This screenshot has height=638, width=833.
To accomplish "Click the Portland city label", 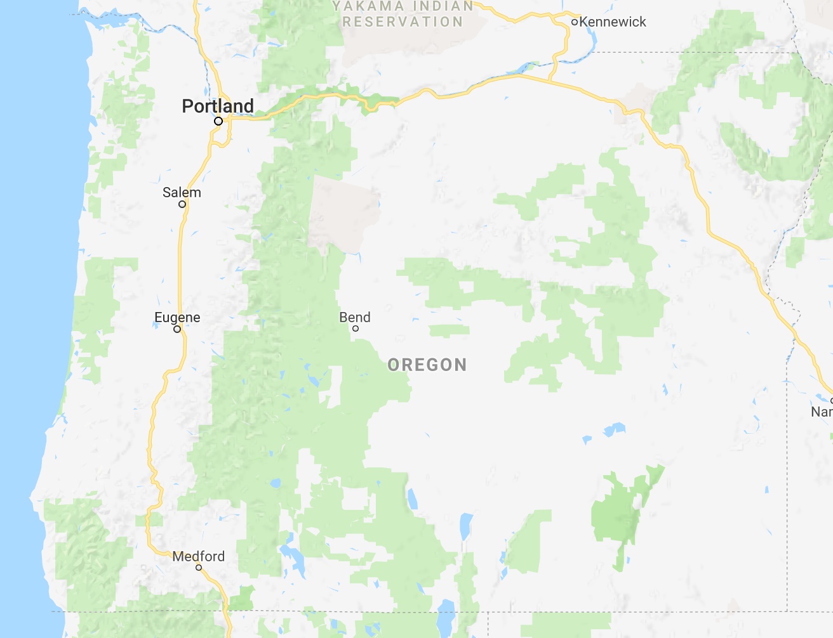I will point(217,106).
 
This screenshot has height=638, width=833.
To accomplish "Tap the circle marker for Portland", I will point(218,120).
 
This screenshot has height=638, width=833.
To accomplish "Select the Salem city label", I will point(182,192).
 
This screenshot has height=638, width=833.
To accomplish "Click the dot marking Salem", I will point(182,204).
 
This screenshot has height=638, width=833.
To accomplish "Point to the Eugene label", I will point(177,317).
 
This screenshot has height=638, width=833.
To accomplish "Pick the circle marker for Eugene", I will point(177,329).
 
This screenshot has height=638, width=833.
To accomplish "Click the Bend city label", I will point(355,317).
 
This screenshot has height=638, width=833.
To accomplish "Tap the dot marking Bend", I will point(356,329).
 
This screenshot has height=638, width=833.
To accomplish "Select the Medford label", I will point(199,556).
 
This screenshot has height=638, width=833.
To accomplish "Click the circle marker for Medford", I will point(199,568).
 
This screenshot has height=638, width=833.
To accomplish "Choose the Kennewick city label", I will point(613,22).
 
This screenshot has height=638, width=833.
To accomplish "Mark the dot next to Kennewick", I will point(574,22).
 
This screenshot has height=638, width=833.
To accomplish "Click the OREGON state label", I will point(427,365).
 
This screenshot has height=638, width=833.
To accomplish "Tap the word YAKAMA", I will point(369,7).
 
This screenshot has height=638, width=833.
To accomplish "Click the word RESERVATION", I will point(403,22).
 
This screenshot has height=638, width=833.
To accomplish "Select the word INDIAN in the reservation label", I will point(443,6).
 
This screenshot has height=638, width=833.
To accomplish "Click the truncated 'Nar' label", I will point(822,412).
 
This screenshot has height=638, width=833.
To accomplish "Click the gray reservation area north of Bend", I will point(343,209).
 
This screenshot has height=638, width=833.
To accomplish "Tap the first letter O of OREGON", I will point(393,365).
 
